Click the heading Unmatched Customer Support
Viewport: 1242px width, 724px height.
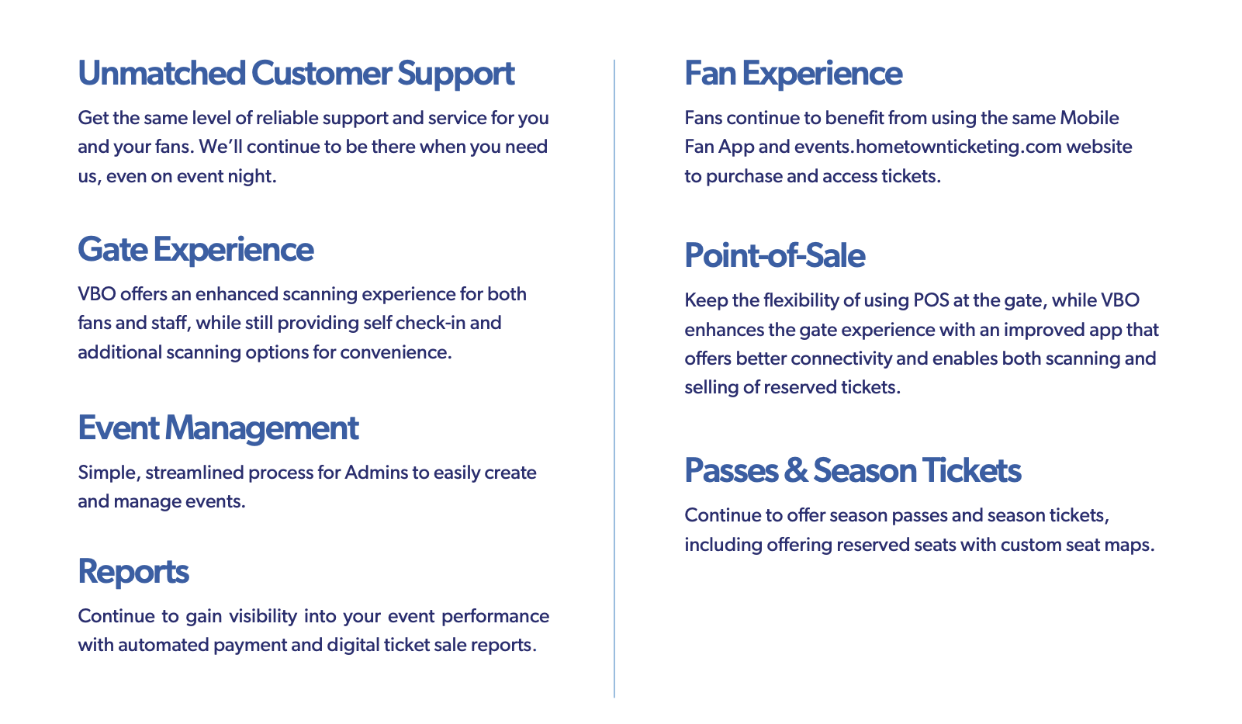tap(296, 74)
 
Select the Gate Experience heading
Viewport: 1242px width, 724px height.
tap(195, 250)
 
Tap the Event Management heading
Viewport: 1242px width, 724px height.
tap(218, 428)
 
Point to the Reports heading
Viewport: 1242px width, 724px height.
tap(133, 572)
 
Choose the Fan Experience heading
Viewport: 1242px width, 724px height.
tap(794, 73)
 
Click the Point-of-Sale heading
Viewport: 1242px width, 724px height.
tap(774, 256)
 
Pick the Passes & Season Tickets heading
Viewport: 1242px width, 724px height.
tap(853, 470)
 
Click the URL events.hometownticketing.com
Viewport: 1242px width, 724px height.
tap(928, 147)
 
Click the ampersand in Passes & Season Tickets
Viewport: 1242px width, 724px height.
tap(796, 470)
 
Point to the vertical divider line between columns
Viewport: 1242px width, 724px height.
tap(614, 379)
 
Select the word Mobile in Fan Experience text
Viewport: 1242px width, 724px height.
tap(1089, 118)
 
